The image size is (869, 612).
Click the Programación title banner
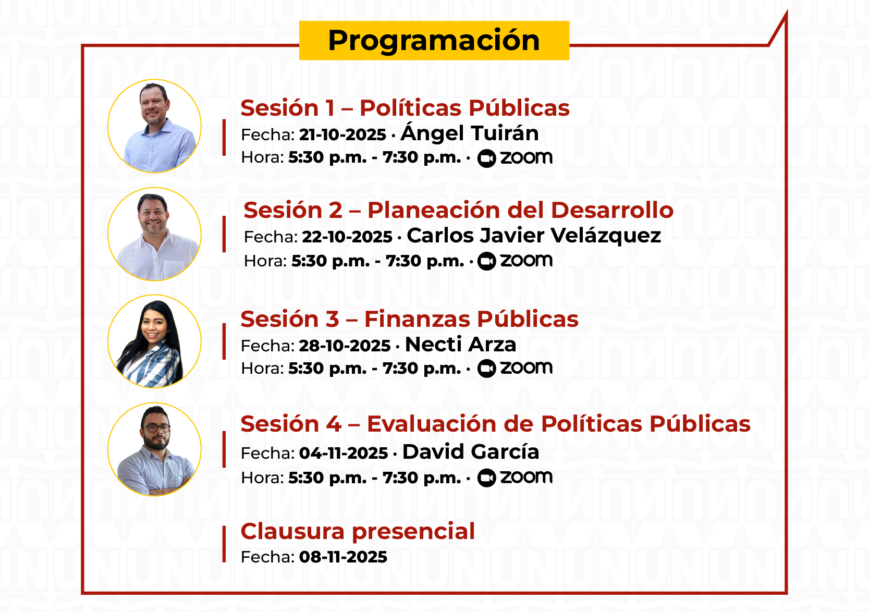coord(434,40)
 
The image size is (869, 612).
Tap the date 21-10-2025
coord(342,135)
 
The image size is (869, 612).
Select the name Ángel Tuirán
coord(469,133)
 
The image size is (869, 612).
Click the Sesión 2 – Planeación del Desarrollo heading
coord(458,210)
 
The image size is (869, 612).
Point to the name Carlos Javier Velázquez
coord(534,236)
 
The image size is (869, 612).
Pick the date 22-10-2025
coord(347,237)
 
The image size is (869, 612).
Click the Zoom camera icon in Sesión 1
coord(486,158)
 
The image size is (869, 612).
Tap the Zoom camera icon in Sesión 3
coord(486,369)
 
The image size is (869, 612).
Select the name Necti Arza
coord(460,345)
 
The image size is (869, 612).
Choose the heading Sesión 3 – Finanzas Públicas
coord(409,319)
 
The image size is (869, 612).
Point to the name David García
coord(471,452)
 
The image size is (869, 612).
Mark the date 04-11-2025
coord(344,454)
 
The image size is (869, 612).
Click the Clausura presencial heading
coord(357,531)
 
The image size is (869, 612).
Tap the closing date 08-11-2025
coord(343,557)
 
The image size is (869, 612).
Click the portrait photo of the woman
coord(154,341)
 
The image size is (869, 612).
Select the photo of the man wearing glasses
coord(154,449)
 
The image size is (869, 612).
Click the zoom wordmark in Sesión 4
coord(526,477)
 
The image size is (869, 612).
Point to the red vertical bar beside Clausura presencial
coord(224,544)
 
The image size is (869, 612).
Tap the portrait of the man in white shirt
coord(154,234)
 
